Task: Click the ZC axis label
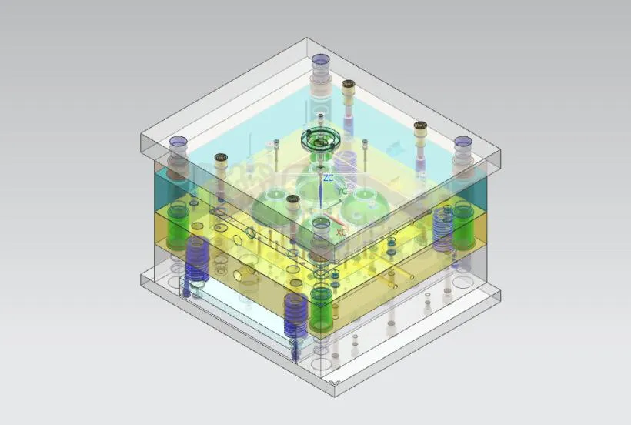(329, 178)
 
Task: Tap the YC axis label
(342, 191)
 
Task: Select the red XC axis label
(341, 231)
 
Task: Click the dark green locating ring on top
(320, 140)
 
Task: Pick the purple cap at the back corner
(321, 60)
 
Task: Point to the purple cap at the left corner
(178, 142)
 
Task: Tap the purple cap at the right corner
(462, 143)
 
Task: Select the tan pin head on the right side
(420, 125)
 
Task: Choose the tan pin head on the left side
(221, 159)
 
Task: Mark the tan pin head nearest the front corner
(293, 200)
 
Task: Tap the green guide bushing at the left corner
(179, 226)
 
